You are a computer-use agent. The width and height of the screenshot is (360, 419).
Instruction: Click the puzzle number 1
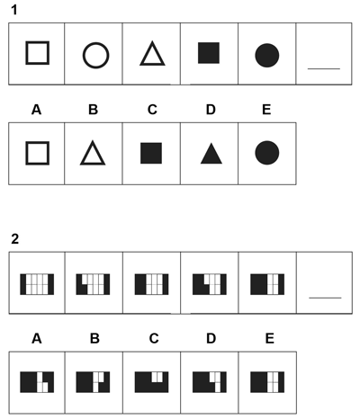coord(14,10)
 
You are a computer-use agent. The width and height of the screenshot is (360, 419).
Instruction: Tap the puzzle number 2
coord(14,239)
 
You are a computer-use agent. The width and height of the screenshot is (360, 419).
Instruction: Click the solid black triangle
coord(211,153)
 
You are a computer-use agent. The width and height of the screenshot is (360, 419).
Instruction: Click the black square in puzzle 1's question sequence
coord(209,53)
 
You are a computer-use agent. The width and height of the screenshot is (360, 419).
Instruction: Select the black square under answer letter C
coord(151,153)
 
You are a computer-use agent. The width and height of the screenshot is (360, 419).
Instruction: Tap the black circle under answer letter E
coord(267,153)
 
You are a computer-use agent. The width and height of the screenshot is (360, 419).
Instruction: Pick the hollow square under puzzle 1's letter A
coord(27,153)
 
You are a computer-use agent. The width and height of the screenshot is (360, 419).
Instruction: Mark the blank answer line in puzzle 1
coord(324,68)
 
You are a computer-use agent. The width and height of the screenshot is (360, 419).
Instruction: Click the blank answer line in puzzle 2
coord(325,298)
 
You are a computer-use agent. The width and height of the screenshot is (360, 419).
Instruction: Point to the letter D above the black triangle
coord(211,110)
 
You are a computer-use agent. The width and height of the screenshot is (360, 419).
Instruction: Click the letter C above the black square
coord(152,110)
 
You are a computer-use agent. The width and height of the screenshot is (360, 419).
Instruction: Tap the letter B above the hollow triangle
coord(93,110)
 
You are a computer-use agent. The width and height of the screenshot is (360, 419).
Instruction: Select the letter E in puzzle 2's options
coord(270,339)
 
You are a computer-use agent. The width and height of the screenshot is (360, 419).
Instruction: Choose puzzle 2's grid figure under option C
coord(151,382)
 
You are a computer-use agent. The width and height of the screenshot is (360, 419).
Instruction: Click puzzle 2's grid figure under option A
coord(37,382)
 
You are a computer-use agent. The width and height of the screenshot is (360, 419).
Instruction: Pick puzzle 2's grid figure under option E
coord(267,382)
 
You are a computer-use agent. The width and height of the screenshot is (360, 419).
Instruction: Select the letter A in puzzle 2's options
coord(37,339)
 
